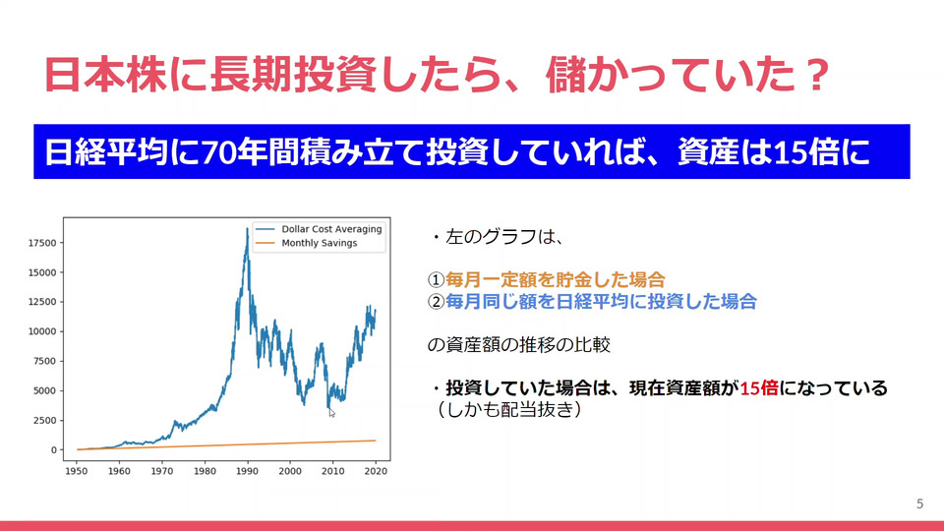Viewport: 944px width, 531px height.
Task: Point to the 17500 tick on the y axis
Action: click(x=42, y=243)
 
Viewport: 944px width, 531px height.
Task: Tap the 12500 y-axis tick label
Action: click(x=42, y=302)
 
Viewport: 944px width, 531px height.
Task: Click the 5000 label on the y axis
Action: click(x=44, y=390)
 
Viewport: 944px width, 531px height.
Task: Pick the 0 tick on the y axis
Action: click(x=53, y=449)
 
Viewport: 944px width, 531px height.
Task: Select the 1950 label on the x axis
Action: click(x=77, y=471)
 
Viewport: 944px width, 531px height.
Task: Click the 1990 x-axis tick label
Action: click(x=247, y=471)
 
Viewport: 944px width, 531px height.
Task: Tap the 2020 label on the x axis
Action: click(x=375, y=471)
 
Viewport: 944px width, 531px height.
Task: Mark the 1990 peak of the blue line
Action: click(x=247, y=228)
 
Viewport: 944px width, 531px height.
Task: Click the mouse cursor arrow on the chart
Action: click(x=331, y=412)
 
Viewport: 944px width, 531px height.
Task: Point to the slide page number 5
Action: click(x=919, y=503)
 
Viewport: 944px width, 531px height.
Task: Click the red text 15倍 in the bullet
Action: click(x=758, y=388)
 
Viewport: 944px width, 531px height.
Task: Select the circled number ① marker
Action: click(x=436, y=280)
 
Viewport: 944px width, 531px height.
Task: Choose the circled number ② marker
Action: click(x=436, y=302)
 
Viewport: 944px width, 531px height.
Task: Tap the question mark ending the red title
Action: click(x=816, y=76)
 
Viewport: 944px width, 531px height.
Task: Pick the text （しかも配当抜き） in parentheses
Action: click(x=508, y=409)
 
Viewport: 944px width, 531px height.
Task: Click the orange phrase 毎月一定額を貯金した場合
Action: click(x=555, y=280)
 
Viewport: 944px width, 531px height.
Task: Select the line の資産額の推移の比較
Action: click(x=519, y=345)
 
